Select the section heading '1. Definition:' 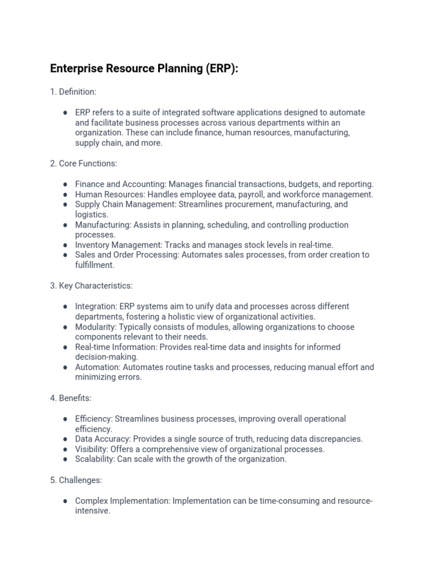pos(73,92)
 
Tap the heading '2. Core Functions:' pos(83,164)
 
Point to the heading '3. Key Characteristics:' pos(92,286)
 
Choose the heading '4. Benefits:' pos(70,398)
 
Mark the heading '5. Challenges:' pos(76,480)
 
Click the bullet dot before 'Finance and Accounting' pos(65,184)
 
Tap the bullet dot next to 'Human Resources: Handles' pos(65,195)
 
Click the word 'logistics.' pos(92,215)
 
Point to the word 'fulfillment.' pos(95,265)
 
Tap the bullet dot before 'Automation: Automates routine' pos(65,368)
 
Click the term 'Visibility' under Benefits pos(90,449)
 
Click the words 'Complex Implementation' pos(122,501)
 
